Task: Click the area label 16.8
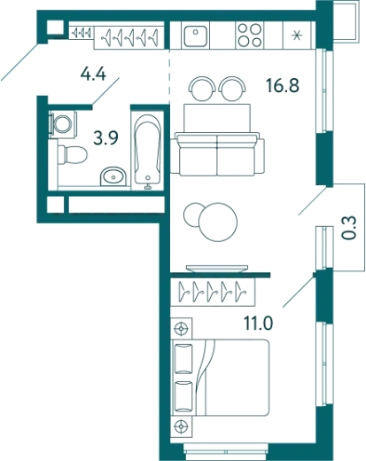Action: tap(283, 85)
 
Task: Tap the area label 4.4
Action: tap(93, 74)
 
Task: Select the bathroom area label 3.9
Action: tap(105, 137)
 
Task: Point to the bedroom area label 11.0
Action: tap(258, 323)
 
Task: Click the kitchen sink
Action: tap(195, 35)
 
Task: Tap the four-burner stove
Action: tap(250, 35)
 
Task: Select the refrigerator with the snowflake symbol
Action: tap(297, 35)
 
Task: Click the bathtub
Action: tap(148, 151)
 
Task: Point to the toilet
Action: tap(73, 154)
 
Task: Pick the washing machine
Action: tap(63, 124)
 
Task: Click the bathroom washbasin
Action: tap(113, 176)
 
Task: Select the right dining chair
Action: tap(232, 88)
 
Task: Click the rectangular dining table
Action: tap(217, 118)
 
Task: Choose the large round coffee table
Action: tap(218, 222)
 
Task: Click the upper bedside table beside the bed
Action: tap(182, 328)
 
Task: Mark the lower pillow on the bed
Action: tap(183, 396)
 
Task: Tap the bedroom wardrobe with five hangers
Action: tap(213, 292)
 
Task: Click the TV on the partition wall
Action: tap(217, 269)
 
